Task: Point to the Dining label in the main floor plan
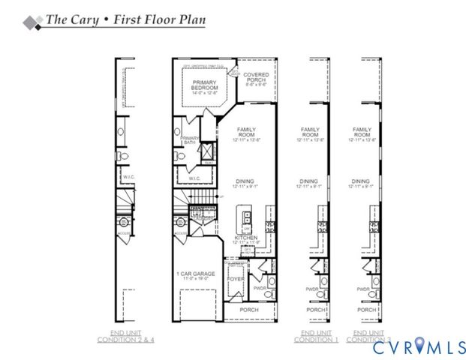242,182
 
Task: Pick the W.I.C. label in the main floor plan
194,178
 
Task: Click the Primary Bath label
190,140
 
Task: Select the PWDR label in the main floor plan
260,287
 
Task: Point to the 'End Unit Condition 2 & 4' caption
128,337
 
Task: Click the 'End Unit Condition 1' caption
316,337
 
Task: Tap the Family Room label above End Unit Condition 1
310,133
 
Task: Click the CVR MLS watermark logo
416,348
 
